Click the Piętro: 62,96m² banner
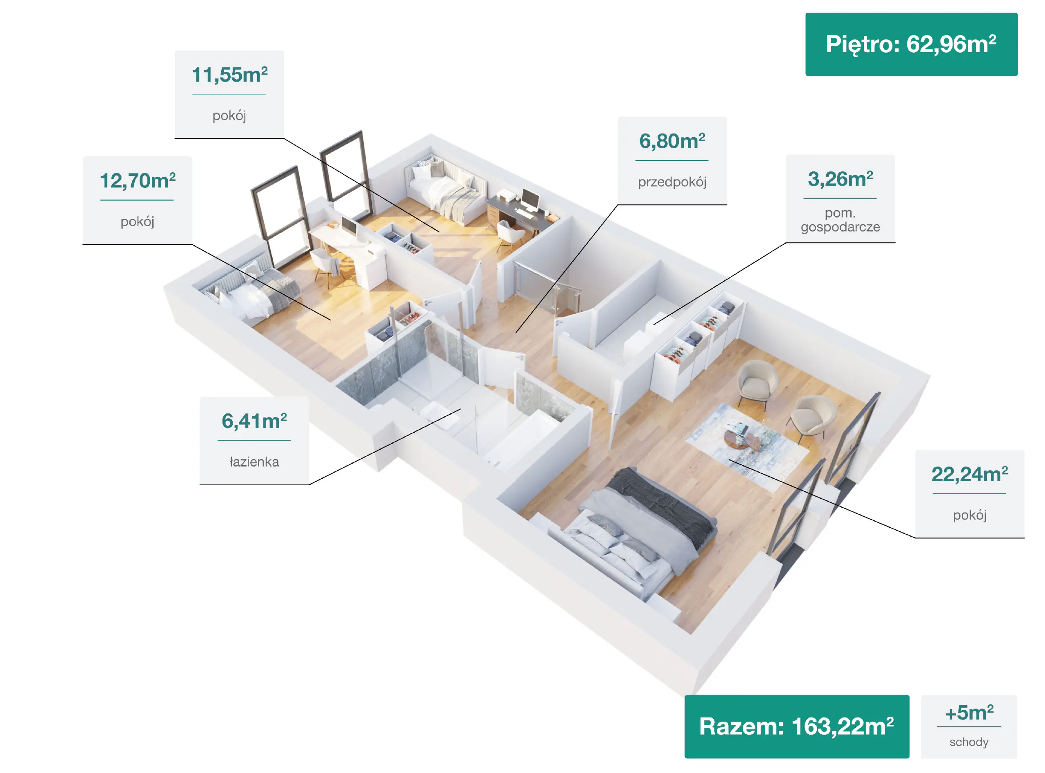(911, 44)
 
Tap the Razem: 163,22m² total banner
(796, 726)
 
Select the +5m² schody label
(969, 726)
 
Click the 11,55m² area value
(229, 75)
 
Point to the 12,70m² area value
(138, 181)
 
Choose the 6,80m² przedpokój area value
(672, 141)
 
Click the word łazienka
(254, 462)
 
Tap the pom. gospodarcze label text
(840, 220)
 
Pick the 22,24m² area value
(969, 475)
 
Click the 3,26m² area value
(840, 179)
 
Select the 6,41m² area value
(254, 421)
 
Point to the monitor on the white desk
(349, 227)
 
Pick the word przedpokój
(672, 182)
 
